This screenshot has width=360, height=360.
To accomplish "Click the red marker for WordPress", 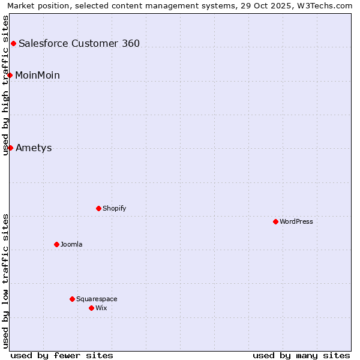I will tap(275, 221).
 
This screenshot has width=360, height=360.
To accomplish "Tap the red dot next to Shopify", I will tap(98, 208).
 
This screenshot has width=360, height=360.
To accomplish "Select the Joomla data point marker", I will tap(56, 244).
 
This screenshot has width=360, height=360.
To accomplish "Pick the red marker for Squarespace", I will tap(72, 299).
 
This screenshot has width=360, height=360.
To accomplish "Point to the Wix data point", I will tap(91, 308).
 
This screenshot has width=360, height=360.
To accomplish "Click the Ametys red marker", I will tap(10, 148).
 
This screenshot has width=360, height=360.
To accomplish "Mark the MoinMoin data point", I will tap(10, 75).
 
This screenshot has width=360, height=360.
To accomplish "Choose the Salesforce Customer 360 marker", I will tap(13, 43).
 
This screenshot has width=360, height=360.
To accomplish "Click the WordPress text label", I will tap(296, 221).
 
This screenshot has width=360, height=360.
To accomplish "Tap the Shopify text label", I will tap(114, 208).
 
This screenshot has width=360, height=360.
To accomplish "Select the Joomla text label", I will tap(71, 244).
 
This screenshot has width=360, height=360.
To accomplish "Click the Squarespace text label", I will tap(97, 299).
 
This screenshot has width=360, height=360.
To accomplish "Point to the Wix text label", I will tap(101, 308).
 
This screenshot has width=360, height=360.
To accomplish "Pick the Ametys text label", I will tap(34, 148).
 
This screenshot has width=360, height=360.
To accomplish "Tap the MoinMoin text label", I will tap(37, 75).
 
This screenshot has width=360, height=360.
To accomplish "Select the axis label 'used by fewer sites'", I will tap(62, 355).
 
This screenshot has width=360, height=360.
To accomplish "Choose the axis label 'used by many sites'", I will tap(301, 355).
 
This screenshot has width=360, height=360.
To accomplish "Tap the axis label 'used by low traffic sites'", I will tap(5, 281).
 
